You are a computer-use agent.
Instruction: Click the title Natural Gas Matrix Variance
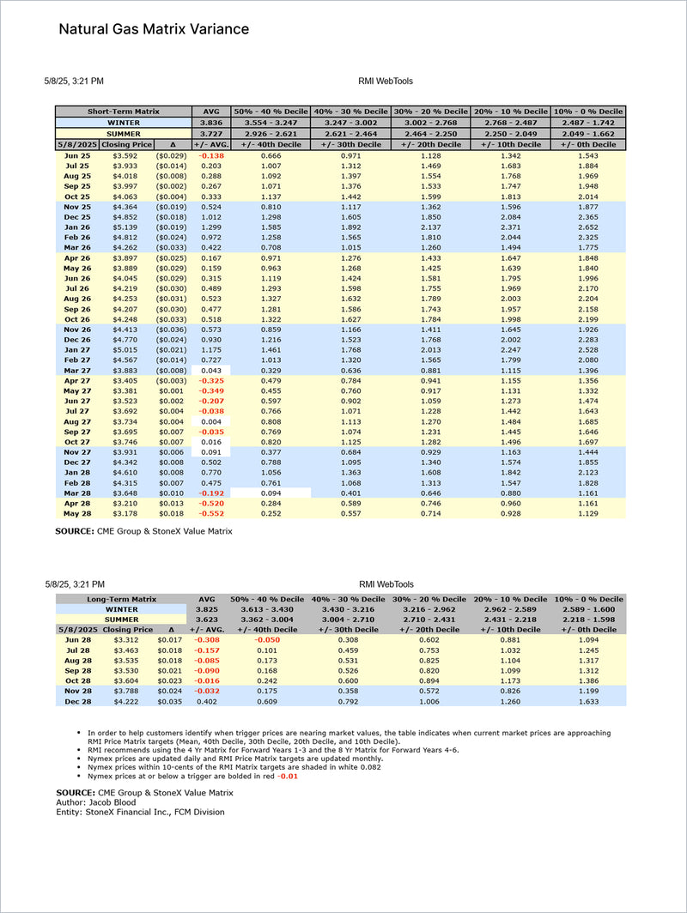click(154, 29)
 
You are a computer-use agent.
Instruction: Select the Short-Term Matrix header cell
click(124, 112)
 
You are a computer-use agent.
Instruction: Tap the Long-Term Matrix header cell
click(121, 598)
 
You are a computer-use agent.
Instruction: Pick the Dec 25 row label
click(77, 218)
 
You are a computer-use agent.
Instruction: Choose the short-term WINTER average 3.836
click(211, 123)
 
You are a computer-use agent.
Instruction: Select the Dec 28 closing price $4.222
click(125, 700)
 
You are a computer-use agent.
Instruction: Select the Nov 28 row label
click(77, 690)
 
